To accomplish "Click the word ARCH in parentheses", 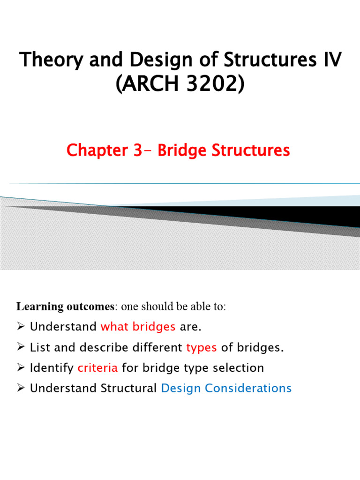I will click(149, 86).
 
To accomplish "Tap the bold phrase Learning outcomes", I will click(65, 307).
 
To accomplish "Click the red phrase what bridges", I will click(138, 327).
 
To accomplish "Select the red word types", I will click(202, 347).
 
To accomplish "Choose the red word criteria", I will click(97, 368).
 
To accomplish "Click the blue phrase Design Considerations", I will click(226, 388).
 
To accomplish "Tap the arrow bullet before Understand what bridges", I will click(21, 327).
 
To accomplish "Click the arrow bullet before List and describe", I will click(21, 347).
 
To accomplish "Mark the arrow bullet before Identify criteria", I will click(21, 368).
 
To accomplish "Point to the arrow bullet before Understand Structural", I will click(21, 388).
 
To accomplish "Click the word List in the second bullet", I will click(38, 347).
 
